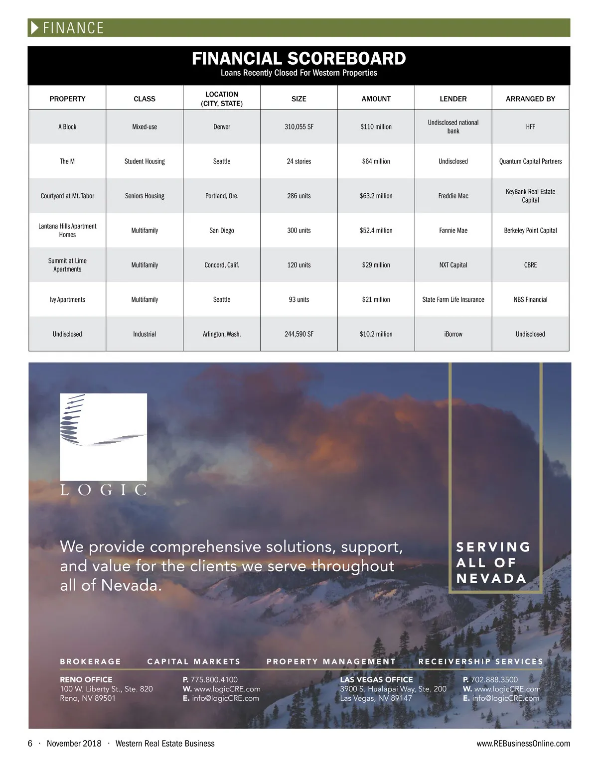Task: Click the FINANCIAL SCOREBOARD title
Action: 299,59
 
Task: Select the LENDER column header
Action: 453,99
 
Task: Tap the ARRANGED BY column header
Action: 530,99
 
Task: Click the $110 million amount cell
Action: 376,127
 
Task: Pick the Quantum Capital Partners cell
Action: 530,161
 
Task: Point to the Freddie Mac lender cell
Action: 453,196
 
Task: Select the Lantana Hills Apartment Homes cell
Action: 67,230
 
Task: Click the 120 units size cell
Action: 299,265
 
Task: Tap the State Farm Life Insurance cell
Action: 453,299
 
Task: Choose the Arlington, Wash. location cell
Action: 222,334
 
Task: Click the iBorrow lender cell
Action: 453,334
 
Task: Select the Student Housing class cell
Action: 145,161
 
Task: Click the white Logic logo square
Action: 103,436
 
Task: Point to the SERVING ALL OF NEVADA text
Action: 493,562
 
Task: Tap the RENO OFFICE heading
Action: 86,679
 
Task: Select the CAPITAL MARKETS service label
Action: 194,661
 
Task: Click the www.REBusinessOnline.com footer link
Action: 523,744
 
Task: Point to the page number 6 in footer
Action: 30,744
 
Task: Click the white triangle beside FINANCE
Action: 35,28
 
